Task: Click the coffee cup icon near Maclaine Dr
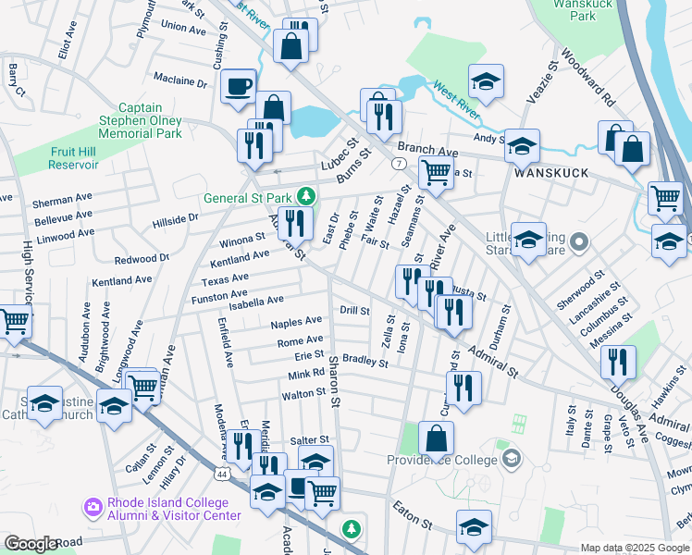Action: pos(239,86)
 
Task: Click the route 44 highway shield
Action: pos(223,474)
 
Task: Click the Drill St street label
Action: pos(354,311)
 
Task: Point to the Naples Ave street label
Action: pos(296,323)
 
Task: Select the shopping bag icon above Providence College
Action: pos(437,439)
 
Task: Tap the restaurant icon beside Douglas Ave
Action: pos(618,361)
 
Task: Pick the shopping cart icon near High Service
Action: pos(15,321)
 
